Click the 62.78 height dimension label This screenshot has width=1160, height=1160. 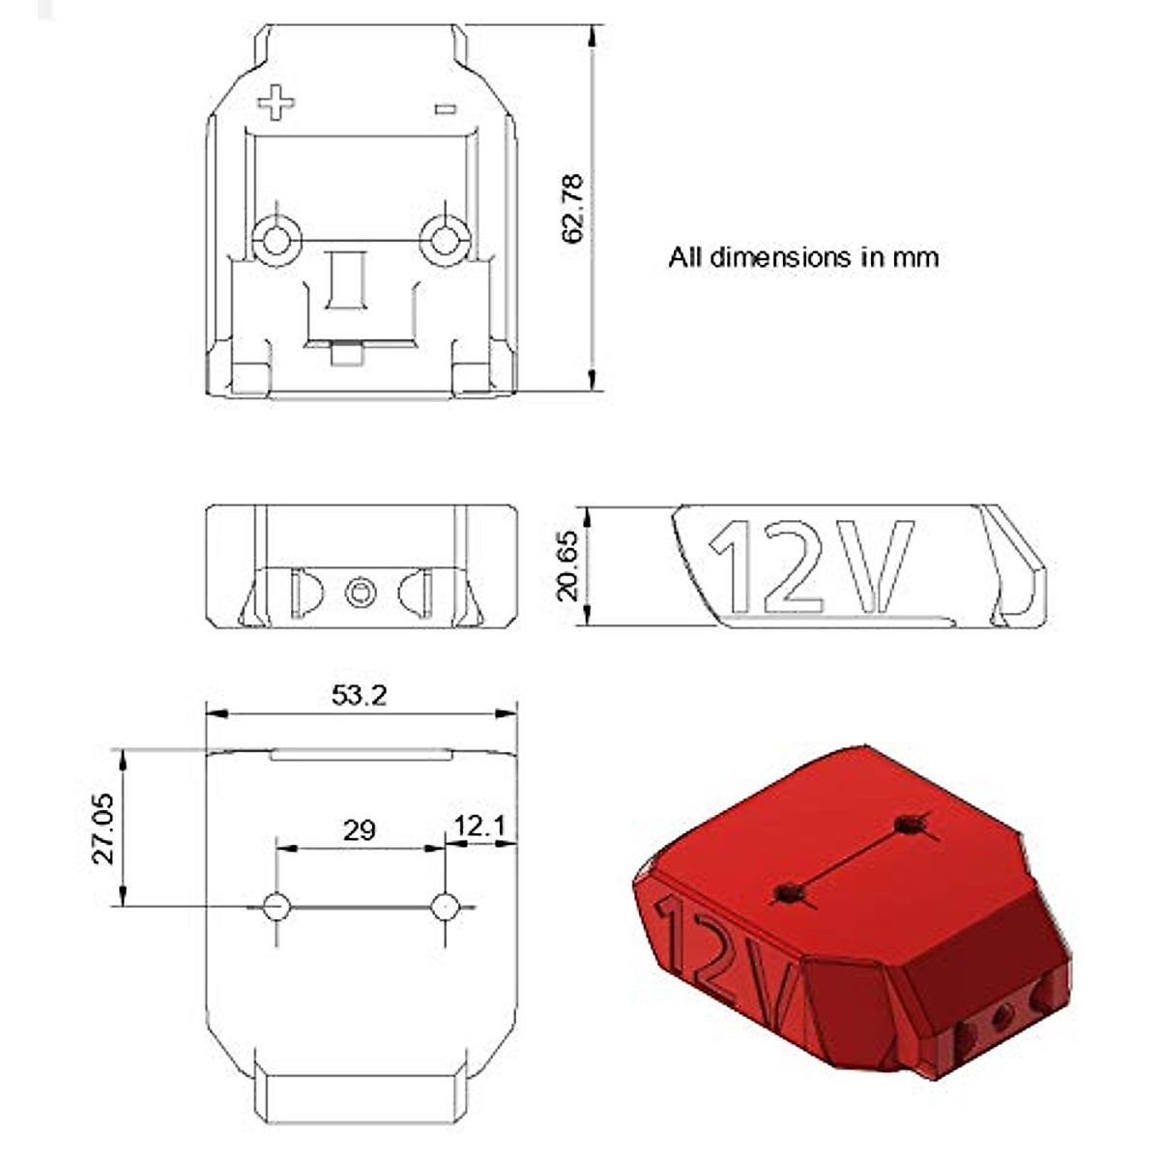tap(572, 208)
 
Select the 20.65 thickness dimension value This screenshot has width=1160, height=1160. tap(567, 565)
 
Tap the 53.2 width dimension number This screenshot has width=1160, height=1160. tap(359, 694)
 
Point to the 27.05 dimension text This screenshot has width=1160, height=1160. tap(102, 828)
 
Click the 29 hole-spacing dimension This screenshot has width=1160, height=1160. tap(359, 829)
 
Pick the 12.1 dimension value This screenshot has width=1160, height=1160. tap(480, 826)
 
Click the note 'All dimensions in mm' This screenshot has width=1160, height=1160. tap(803, 257)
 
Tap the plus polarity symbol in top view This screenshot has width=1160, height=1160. tap(275, 101)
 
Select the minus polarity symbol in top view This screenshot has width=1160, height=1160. tap(445, 109)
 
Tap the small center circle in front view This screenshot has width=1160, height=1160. tap(361, 592)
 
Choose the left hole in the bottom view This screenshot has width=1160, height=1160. tap(276, 907)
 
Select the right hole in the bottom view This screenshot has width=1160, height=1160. tap(445, 907)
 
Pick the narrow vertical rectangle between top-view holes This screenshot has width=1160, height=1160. tap(346, 279)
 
